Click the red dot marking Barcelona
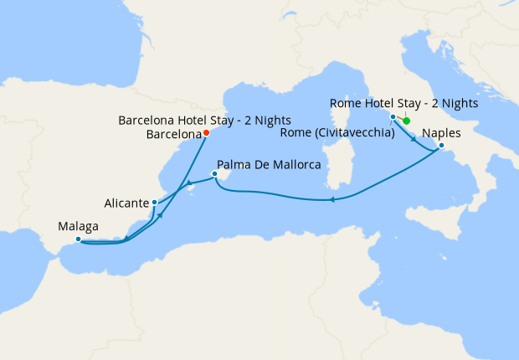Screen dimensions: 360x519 pyautogui.click(x=206, y=132)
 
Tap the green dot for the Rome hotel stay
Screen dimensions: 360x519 pyautogui.click(x=407, y=121)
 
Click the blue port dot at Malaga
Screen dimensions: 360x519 pyautogui.click(x=78, y=239)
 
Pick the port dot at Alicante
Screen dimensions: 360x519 pyautogui.click(x=154, y=203)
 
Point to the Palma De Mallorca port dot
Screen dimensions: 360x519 pyautogui.click(x=215, y=174)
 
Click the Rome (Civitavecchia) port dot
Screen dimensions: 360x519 pyautogui.click(x=393, y=117)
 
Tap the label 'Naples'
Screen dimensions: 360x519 pyautogui.click(x=440, y=133)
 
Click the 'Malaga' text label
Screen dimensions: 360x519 pyautogui.click(x=79, y=226)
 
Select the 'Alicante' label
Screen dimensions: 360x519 pyautogui.click(x=127, y=203)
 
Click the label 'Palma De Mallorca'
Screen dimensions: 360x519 pyautogui.click(x=269, y=166)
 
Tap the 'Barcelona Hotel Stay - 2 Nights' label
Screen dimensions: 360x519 pyautogui.click(x=198, y=120)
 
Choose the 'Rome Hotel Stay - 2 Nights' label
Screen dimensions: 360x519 pyautogui.click(x=404, y=104)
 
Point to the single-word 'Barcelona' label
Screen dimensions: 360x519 pyautogui.click(x=173, y=133)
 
